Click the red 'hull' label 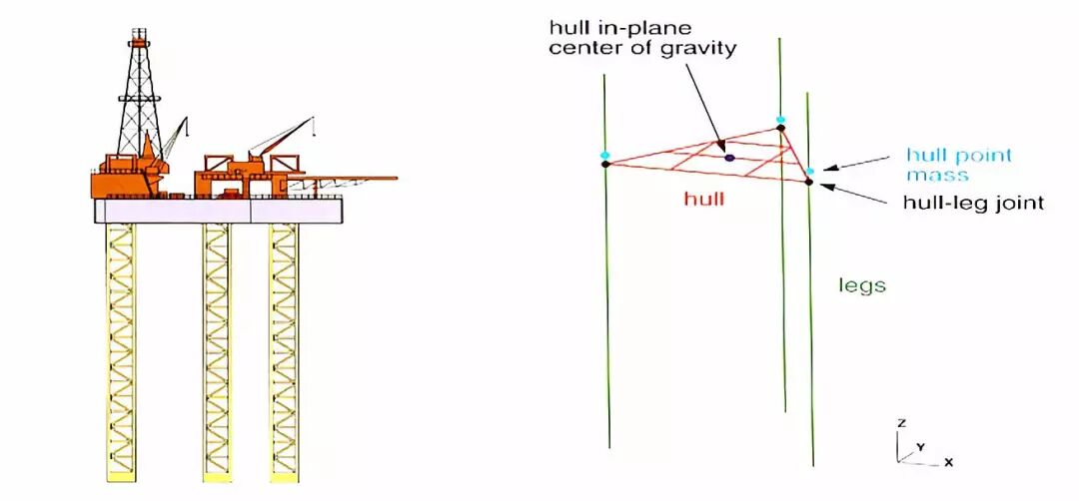(703, 200)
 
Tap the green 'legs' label (862, 285)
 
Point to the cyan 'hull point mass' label (958, 165)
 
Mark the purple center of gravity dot (729, 157)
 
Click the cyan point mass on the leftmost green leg (604, 155)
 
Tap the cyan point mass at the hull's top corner (780, 120)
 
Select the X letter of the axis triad (948, 462)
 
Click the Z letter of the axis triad (901, 424)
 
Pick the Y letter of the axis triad (920, 446)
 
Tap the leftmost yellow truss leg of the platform (120, 349)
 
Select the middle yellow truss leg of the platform (215, 349)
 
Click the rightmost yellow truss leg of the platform (283, 349)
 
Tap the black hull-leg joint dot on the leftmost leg (605, 164)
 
